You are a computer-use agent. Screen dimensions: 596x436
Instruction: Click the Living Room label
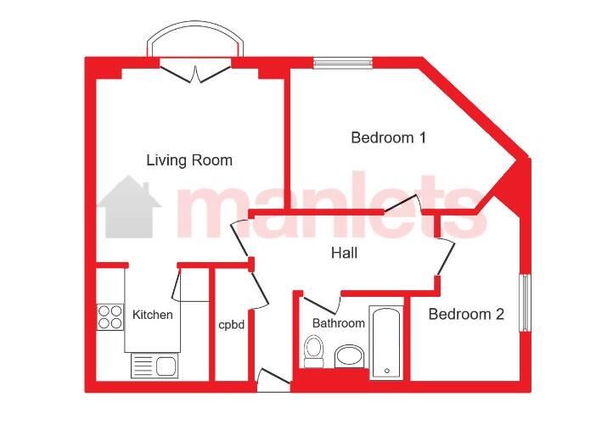(189, 160)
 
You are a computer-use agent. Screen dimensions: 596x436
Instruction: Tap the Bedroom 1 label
(389, 137)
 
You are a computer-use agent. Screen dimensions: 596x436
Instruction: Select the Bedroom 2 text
(466, 314)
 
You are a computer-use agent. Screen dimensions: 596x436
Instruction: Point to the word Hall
(344, 253)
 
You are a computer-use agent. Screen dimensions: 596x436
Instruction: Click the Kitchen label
(153, 315)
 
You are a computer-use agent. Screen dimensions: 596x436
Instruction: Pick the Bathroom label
(338, 323)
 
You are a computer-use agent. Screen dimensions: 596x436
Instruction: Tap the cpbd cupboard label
(231, 325)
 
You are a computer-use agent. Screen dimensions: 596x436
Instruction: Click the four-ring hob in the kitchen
(110, 317)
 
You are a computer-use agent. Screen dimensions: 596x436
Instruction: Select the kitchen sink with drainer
(155, 366)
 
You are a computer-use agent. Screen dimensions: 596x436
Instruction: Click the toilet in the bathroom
(314, 351)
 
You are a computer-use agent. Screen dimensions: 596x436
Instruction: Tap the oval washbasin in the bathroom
(349, 356)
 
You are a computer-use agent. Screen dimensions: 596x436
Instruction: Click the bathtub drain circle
(387, 371)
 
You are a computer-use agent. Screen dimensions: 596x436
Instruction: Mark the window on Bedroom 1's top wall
(343, 63)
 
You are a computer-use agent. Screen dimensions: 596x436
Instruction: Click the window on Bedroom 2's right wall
(525, 302)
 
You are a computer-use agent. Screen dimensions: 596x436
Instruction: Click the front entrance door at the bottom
(273, 380)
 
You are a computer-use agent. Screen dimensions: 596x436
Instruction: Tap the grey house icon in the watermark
(129, 207)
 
